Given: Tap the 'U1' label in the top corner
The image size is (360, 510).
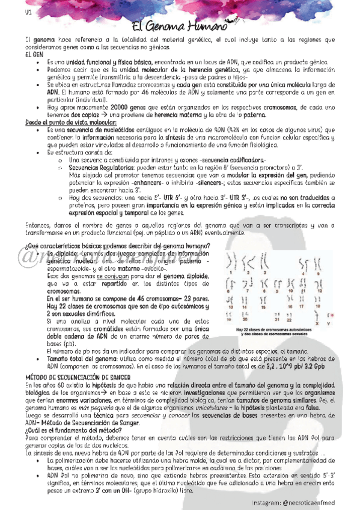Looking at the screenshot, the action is tap(11, 12).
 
